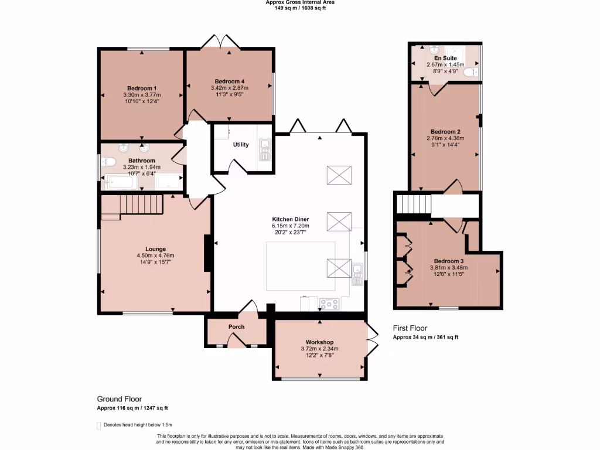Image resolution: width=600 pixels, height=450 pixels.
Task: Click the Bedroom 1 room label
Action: click(141, 88)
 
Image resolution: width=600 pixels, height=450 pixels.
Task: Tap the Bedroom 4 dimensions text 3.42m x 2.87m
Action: click(229, 87)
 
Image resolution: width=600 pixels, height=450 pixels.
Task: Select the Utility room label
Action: click(241, 145)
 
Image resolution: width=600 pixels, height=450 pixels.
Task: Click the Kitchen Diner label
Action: click(290, 219)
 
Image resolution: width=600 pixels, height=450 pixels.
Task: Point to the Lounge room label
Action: click(155, 248)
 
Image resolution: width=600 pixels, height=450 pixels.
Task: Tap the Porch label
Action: click(236, 327)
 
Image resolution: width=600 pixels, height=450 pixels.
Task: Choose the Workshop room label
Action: click(319, 342)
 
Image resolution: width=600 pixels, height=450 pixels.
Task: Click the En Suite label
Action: click(445, 59)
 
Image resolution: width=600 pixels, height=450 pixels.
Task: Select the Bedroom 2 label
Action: click(445, 132)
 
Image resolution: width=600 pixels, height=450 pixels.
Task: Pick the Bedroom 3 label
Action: click(449, 261)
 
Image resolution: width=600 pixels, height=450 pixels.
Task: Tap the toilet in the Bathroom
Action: click(109, 162)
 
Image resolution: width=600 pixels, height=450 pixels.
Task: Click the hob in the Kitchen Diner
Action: click(329, 304)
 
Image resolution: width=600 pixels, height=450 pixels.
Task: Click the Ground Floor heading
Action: click(119, 399)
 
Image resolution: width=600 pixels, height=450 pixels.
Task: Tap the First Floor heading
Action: click(410, 328)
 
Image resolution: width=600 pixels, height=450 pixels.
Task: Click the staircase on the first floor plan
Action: click(414, 205)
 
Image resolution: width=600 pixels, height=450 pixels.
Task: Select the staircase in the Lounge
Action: click(132, 205)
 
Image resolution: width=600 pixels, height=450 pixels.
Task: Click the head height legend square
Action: click(98, 425)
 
